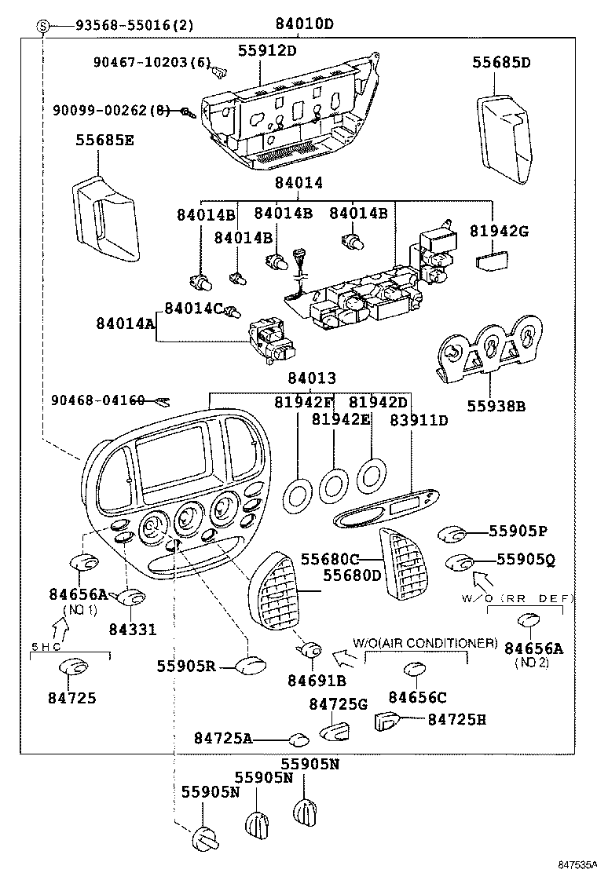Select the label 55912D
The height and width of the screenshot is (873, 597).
267,51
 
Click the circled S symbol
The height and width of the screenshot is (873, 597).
43,25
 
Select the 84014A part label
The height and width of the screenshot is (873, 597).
126,322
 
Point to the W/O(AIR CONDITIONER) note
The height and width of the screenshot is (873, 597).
425,643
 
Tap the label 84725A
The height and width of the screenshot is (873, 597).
223,738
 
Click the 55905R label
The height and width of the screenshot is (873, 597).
185,666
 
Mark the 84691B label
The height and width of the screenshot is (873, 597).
317,681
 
